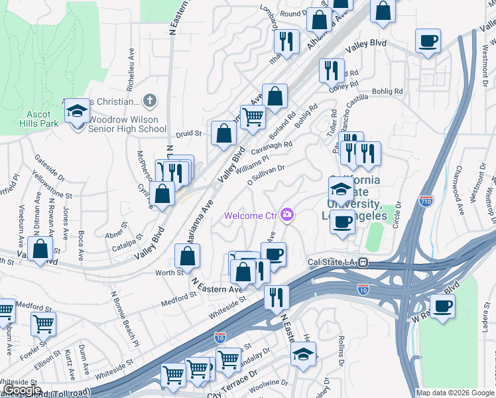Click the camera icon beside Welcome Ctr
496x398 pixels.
(288, 214)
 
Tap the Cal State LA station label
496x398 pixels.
(332, 262)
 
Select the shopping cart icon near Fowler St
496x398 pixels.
(44, 324)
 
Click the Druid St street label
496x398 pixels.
(188, 133)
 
